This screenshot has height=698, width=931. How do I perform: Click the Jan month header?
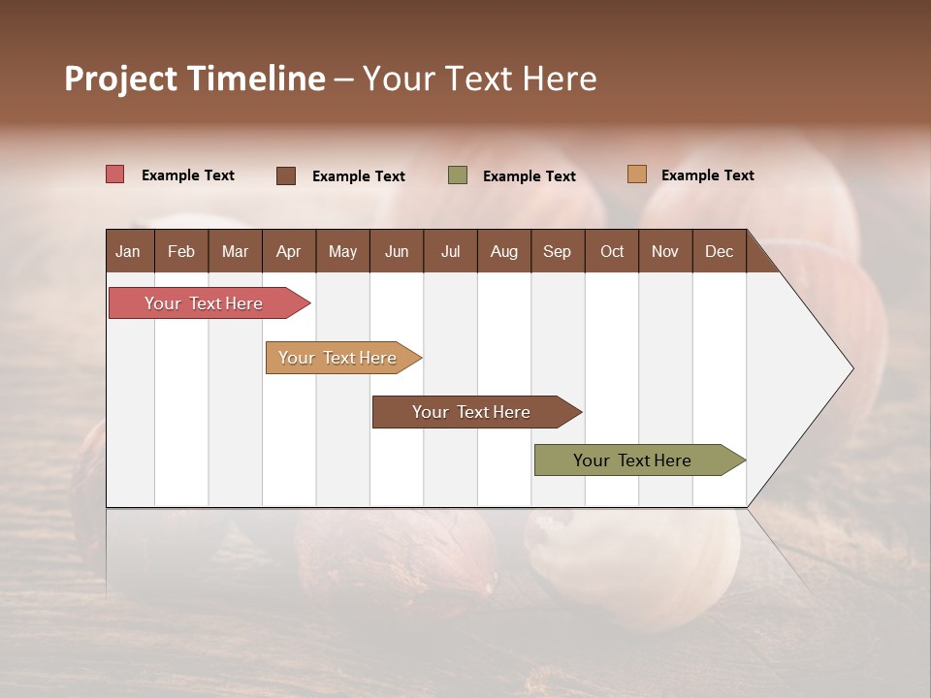click(129, 251)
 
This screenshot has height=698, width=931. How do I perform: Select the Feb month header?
click(181, 251)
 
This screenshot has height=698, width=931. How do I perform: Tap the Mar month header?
click(235, 251)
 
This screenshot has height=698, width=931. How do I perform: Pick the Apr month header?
click(288, 251)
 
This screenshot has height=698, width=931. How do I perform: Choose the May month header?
click(342, 251)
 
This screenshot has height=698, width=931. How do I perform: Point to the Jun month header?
click(397, 251)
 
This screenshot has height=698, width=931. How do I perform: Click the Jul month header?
click(450, 251)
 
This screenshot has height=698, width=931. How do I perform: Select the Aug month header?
click(503, 251)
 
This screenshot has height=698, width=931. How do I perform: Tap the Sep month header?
click(558, 251)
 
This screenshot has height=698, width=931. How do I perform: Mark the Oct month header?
click(612, 251)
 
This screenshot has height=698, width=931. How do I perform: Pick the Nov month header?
click(665, 251)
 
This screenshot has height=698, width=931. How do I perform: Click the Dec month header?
click(719, 251)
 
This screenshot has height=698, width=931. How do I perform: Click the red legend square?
click(115, 174)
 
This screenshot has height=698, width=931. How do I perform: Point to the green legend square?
click(458, 175)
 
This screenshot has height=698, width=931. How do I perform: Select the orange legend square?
click(637, 174)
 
